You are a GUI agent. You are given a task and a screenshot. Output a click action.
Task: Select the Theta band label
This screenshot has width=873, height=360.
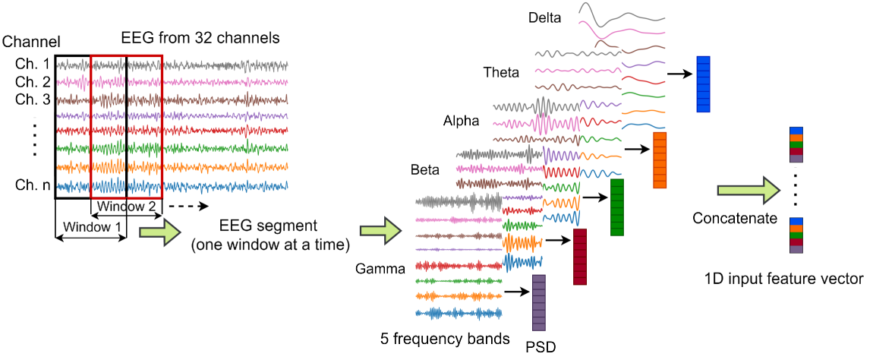click(x=501, y=73)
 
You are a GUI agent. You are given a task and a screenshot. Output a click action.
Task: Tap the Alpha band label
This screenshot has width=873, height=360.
click(x=462, y=121)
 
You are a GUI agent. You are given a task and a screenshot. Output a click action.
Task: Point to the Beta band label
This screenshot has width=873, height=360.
click(x=425, y=169)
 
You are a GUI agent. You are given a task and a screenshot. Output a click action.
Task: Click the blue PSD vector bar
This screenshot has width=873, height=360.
click(x=702, y=84)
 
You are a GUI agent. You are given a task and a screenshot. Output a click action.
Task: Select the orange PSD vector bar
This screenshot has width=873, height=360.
click(x=659, y=159)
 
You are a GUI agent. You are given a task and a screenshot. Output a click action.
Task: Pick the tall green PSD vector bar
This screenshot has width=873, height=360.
click(x=616, y=207)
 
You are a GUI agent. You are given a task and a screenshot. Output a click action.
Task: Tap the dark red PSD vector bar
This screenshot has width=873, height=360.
click(x=581, y=257)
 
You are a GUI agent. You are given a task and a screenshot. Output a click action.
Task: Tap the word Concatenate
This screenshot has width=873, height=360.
click(x=735, y=219)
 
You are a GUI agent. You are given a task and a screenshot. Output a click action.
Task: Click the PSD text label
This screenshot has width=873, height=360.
click(x=540, y=347)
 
